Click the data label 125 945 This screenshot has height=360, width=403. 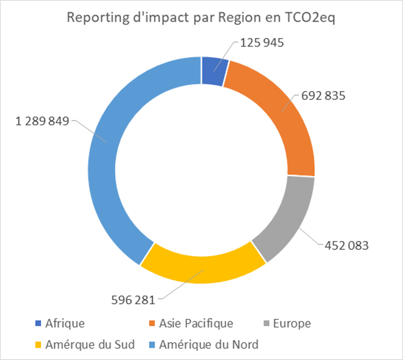click(261, 43)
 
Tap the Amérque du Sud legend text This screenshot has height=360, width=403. click(90, 344)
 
